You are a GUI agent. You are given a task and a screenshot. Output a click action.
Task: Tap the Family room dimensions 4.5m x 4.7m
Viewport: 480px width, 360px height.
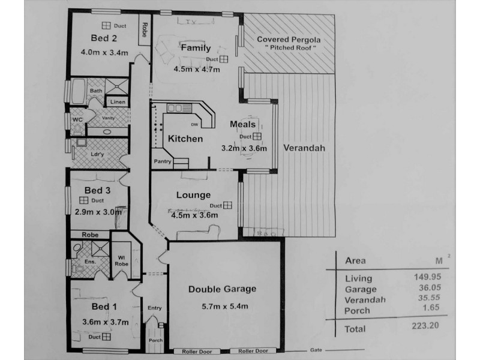click(x=196, y=69)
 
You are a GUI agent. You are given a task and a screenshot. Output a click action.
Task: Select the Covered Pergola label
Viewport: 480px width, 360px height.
click(x=289, y=40)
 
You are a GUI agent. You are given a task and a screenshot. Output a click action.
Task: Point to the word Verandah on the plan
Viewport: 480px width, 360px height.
click(x=305, y=147)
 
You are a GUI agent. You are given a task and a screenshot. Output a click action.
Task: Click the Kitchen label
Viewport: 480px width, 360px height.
click(x=185, y=139)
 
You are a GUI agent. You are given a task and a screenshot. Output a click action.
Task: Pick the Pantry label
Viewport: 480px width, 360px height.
click(x=163, y=161)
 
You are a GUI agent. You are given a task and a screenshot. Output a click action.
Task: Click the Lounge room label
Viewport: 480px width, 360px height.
click(x=193, y=195)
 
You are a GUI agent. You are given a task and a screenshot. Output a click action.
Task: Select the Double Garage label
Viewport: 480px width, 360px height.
click(x=222, y=289)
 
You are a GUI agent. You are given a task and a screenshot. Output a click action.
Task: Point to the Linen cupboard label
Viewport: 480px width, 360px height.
click(x=118, y=103)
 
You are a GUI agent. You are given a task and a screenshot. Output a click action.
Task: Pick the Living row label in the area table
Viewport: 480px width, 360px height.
click(x=359, y=278)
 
